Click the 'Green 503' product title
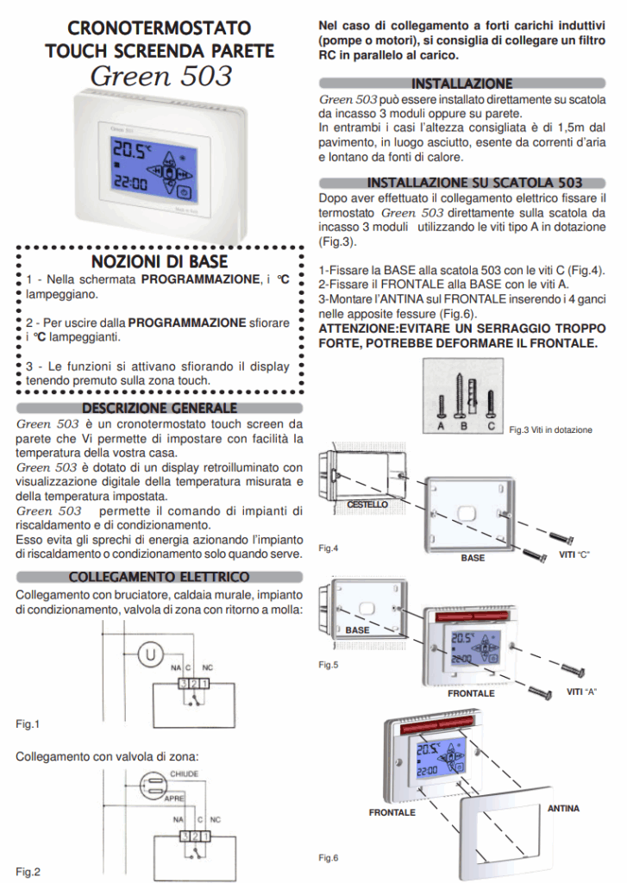pos(160,76)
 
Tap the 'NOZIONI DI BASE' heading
pos(160,261)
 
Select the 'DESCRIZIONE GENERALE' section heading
pos(160,408)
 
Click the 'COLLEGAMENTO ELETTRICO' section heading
pos(160,576)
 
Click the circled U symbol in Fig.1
pos(153,655)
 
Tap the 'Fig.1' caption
pos(28,724)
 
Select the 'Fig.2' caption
pos(28,872)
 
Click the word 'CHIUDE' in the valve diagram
pos(185,774)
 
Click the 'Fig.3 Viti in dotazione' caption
pos(550,429)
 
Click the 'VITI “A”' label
pos(582,692)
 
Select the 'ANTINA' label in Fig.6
pos(563,808)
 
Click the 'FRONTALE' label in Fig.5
pos(471,693)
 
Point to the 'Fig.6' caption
pos(329,857)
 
